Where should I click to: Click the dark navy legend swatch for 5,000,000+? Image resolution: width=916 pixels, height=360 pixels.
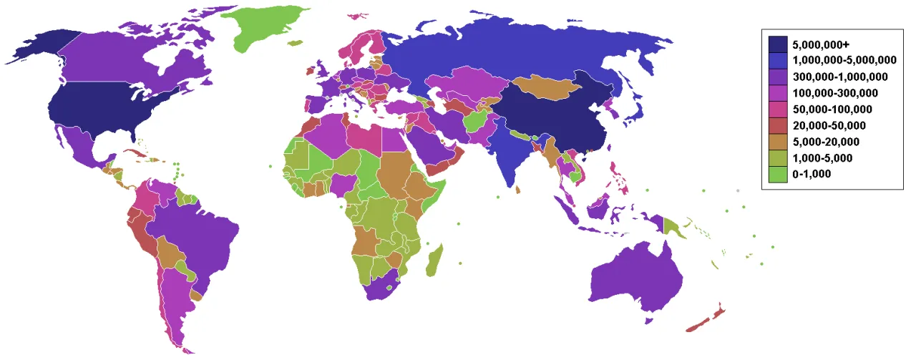click(778, 44)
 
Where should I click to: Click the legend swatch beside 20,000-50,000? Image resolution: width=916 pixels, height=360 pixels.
click(778, 125)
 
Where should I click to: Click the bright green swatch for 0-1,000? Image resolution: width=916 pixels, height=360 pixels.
click(778, 174)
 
